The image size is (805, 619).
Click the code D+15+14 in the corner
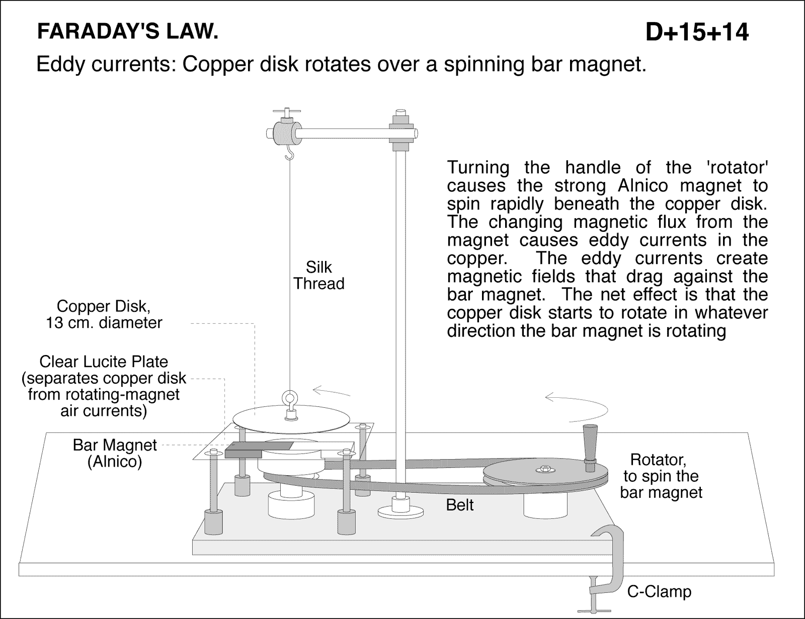[697, 32]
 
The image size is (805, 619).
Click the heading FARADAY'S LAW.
[128, 32]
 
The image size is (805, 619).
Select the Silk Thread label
[319, 275]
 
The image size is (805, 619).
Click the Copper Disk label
[104, 314]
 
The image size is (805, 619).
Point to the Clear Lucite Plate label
[104, 386]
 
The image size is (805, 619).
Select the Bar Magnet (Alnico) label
[115, 453]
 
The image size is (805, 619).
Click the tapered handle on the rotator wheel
[590, 443]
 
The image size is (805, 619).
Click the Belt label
[460, 504]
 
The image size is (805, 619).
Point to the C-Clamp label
[659, 591]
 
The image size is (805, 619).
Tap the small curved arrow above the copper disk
[331, 390]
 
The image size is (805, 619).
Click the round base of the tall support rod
[399, 512]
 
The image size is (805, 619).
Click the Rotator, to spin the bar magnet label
[661, 476]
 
